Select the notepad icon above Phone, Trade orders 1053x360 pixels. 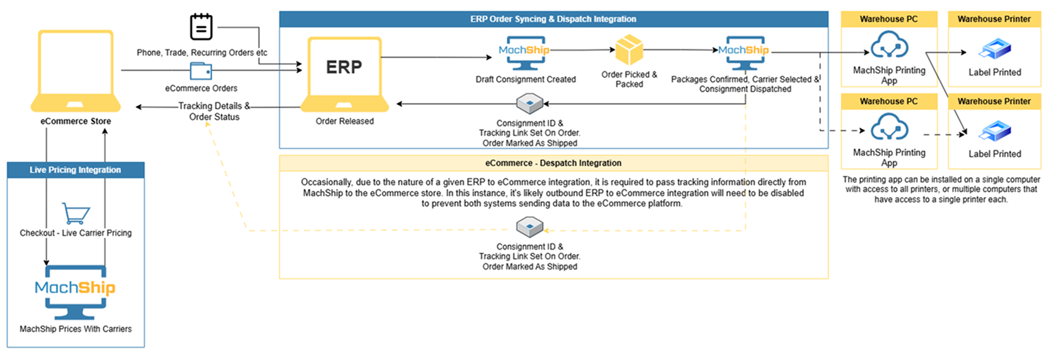click(201, 27)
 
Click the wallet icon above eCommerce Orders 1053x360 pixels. click(201, 71)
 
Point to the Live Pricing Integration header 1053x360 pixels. click(75, 169)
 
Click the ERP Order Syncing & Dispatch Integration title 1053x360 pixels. click(554, 19)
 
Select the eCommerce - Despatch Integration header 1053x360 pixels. click(554, 163)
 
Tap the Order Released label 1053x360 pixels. click(344, 121)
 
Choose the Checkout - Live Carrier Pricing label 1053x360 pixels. click(75, 233)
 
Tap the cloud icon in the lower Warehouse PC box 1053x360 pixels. click(888, 129)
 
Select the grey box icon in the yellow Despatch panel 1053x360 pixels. click(530, 225)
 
